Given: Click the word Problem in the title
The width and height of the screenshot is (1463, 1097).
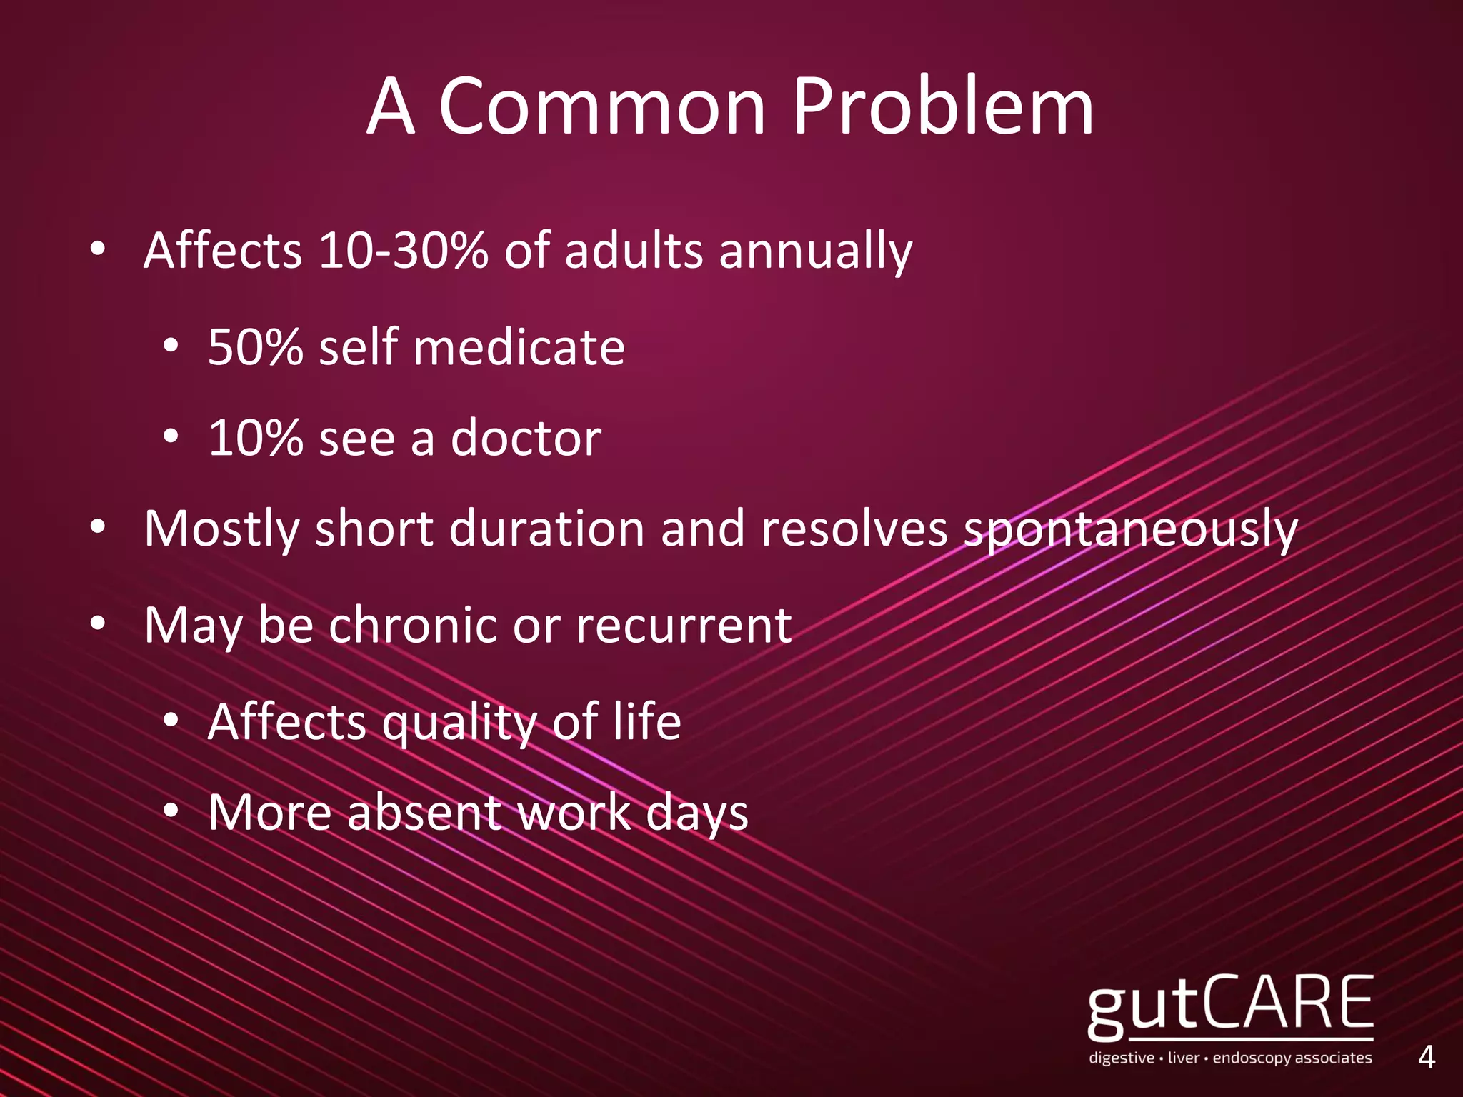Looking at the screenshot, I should (943, 107).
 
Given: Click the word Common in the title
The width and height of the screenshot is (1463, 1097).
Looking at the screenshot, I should (601, 107).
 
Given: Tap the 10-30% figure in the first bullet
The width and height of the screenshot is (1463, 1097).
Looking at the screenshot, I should (404, 251).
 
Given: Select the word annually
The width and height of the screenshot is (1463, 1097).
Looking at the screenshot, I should (815, 252).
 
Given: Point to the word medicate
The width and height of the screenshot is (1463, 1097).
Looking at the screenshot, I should (519, 347).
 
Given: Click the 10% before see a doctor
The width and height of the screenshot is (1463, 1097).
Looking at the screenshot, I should (255, 438).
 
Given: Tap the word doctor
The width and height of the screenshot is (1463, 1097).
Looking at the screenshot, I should (526, 438).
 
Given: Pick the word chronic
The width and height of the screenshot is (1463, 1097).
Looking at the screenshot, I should (413, 625).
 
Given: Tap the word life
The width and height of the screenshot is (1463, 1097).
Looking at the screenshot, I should (646, 721).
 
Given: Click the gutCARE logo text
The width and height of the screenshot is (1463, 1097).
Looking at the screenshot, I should (1230, 1007).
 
